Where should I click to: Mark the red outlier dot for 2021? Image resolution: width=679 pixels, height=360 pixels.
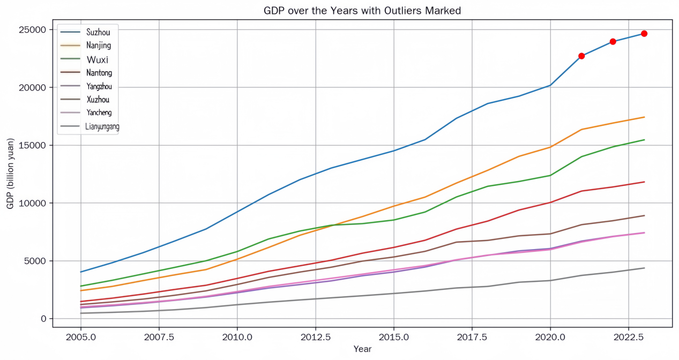tap(581, 56)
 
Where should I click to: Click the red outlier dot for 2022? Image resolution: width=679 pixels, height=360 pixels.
tap(613, 41)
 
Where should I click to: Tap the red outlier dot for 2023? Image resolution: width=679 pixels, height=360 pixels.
tap(644, 33)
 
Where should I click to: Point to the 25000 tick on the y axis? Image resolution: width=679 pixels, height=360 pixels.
tap(32, 29)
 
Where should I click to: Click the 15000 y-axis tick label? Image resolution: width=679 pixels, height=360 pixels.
tap(32, 145)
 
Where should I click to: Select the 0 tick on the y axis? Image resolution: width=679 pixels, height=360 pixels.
tap(44, 319)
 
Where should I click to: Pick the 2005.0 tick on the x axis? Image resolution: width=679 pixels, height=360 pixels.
tap(80, 337)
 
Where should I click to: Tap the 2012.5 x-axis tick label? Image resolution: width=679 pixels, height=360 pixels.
tap(315, 337)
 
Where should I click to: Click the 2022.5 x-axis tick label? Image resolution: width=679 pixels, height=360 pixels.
tap(628, 337)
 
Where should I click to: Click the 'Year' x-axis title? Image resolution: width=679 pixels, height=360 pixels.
tap(362, 349)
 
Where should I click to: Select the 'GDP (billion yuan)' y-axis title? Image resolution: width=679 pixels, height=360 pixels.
tap(10, 174)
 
